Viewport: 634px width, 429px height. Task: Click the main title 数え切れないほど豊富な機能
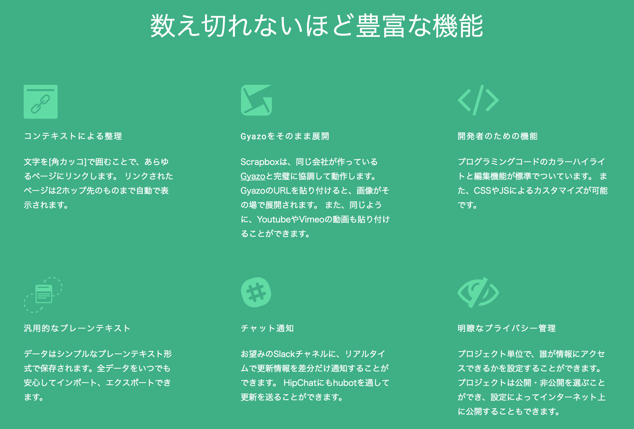coord(317,26)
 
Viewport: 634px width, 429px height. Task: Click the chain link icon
coord(40,102)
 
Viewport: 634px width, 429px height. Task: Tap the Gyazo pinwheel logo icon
coord(256,100)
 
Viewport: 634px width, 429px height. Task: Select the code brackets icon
coord(478,100)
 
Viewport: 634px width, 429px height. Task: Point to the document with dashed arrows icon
coord(43,295)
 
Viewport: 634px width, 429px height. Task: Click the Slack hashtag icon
coord(256,292)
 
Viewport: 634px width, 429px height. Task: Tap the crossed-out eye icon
coord(478,292)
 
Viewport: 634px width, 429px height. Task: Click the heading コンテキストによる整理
coord(73,136)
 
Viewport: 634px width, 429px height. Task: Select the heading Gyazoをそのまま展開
coord(285,136)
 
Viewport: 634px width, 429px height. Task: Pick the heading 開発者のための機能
coord(497,136)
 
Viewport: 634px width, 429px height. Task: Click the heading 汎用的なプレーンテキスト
coord(77,328)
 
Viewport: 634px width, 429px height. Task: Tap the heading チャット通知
coord(267,328)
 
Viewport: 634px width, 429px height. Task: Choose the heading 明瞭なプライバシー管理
coord(506,328)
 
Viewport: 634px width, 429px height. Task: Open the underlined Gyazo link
coord(253,176)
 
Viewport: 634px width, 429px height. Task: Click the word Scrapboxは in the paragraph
coord(264,162)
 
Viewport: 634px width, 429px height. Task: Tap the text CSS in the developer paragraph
coord(483,191)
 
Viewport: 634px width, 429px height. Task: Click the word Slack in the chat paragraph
coord(284,354)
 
